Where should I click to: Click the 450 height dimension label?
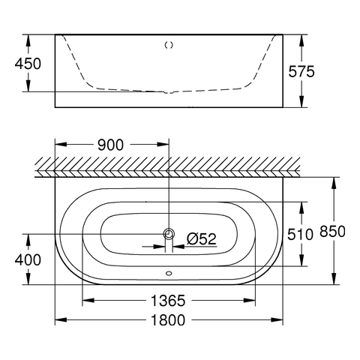28,64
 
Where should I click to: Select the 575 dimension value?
301,71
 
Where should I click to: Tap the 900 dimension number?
110,145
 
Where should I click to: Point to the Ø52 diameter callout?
202,238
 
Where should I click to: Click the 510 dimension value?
300,235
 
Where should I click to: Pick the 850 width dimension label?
333,231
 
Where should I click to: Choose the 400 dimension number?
28,259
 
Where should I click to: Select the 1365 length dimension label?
168,301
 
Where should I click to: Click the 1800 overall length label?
168,320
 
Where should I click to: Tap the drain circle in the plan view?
169,234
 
